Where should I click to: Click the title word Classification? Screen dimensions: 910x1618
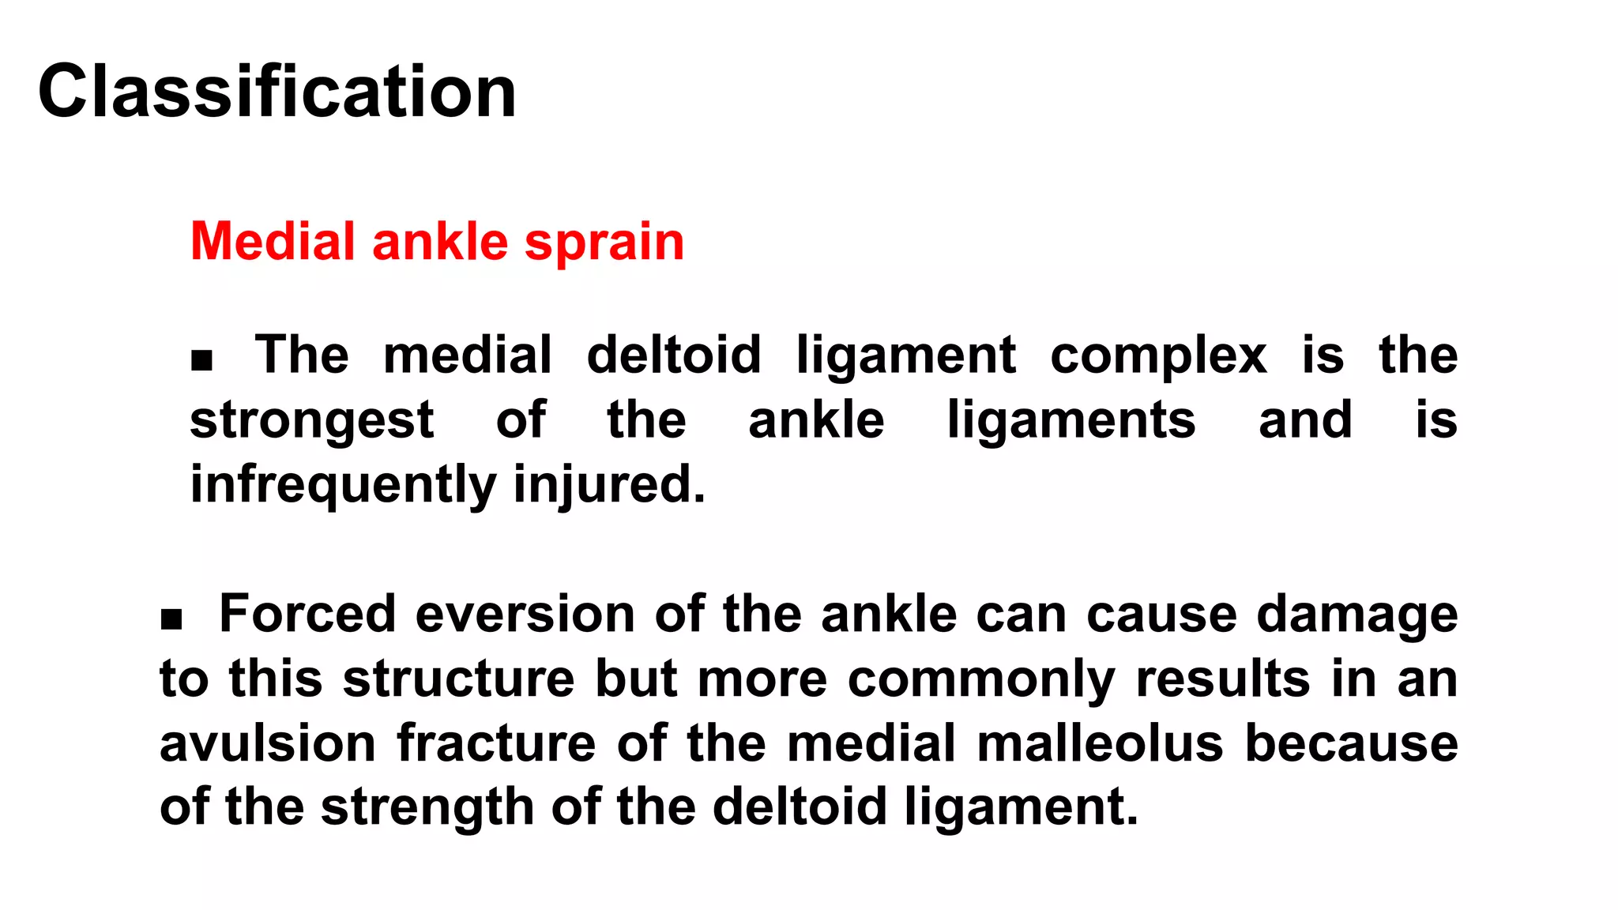(277, 92)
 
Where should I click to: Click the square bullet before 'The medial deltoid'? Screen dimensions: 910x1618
(202, 360)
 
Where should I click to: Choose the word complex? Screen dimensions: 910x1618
(1158, 355)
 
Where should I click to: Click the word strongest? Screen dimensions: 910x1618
(312, 420)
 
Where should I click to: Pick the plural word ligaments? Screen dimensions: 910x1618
(1071, 420)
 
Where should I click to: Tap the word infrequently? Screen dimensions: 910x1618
(343, 484)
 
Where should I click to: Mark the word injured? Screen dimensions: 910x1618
(609, 484)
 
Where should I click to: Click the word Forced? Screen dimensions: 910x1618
(307, 614)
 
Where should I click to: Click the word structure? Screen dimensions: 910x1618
(459, 679)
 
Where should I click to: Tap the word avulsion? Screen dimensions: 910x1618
(268, 743)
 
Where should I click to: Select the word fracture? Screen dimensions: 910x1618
(496, 743)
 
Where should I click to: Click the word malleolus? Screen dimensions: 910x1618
(1100, 743)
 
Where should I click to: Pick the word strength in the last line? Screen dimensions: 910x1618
(427, 807)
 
